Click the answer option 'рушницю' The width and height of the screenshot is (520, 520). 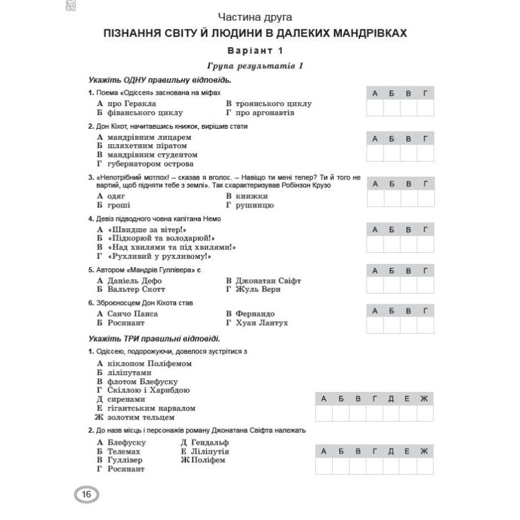click(x=256, y=205)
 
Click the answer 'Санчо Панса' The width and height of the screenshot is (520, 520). click(x=133, y=313)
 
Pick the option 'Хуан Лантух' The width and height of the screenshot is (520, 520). click(x=263, y=322)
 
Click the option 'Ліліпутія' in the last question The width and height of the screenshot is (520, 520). click(x=211, y=450)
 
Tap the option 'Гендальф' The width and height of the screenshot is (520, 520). click(x=208, y=442)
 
